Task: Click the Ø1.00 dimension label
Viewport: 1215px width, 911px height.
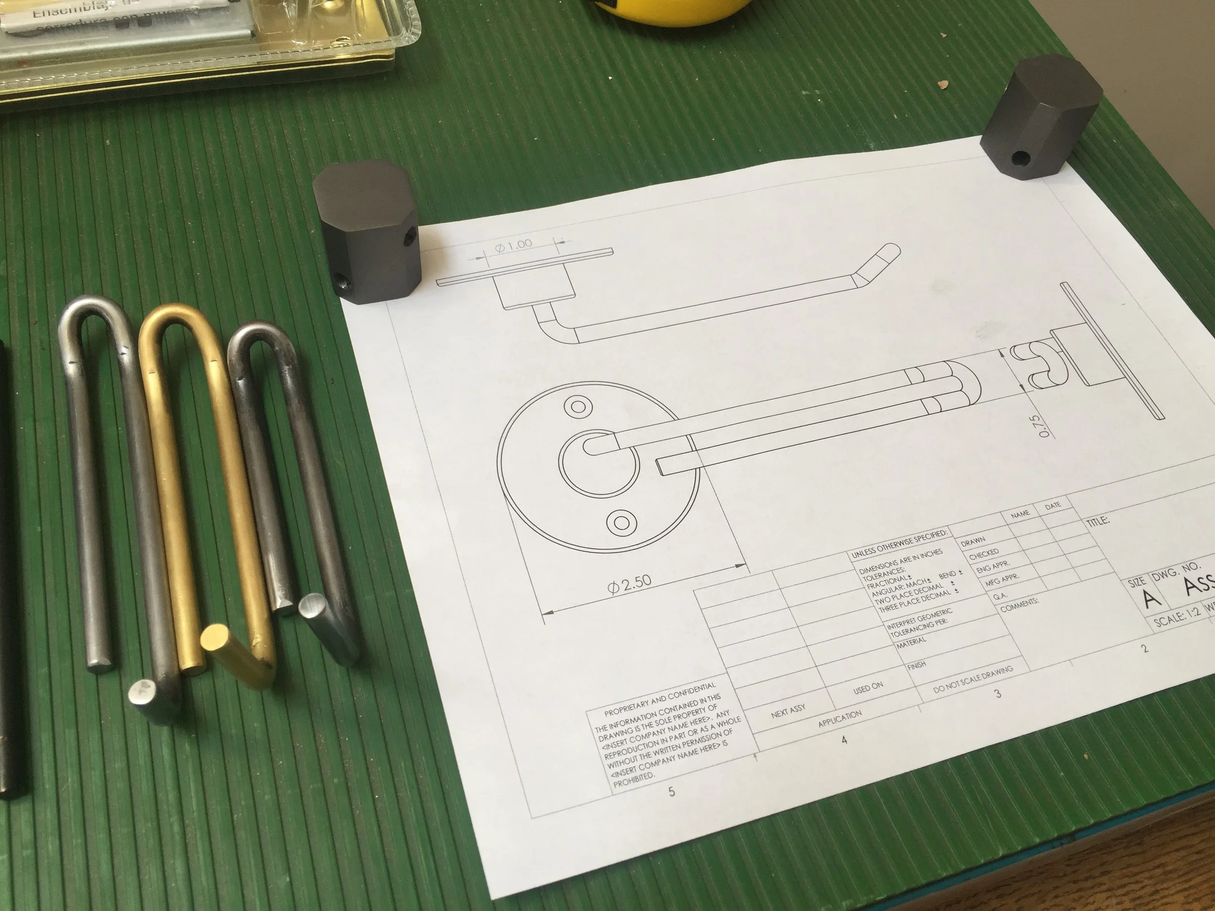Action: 513,245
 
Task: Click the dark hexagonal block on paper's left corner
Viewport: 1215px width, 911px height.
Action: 367,231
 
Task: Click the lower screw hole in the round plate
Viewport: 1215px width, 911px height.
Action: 621,521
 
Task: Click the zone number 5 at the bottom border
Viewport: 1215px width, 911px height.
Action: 671,791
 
